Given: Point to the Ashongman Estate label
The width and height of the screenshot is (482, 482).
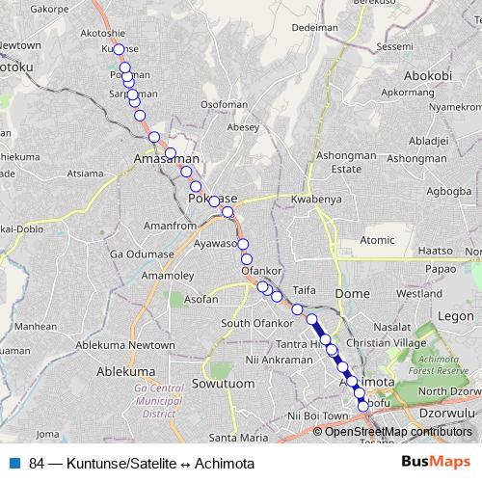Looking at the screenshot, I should pyautogui.click(x=345, y=161).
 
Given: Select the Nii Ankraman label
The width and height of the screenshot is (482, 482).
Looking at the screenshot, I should pyautogui.click(x=280, y=360).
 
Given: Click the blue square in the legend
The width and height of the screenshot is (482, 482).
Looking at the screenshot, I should pyautogui.click(x=14, y=464).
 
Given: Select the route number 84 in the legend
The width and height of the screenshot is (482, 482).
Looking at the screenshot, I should pyautogui.click(x=37, y=464).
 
